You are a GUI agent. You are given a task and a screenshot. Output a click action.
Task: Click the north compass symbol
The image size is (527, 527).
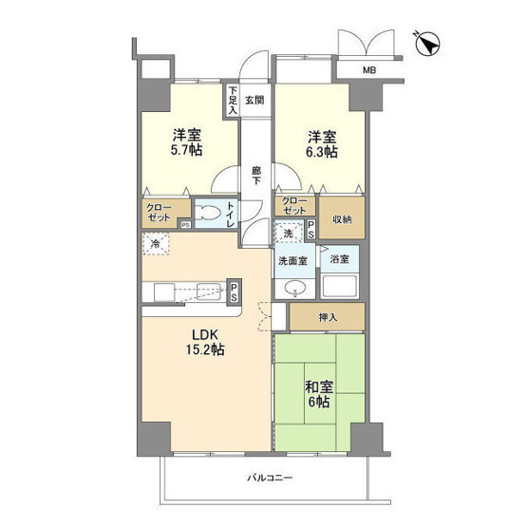(x=427, y=44)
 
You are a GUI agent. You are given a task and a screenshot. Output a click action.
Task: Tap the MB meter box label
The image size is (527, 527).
(x=369, y=70)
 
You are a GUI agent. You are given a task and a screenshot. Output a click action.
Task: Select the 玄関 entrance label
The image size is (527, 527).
(x=254, y=100)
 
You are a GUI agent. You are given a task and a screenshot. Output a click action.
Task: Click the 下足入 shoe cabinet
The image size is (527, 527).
(x=233, y=101)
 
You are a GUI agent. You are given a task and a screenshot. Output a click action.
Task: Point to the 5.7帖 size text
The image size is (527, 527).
(x=187, y=150)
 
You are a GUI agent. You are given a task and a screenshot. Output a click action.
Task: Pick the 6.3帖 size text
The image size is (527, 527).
(x=322, y=152)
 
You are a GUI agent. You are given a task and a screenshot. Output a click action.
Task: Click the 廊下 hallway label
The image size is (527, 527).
(x=256, y=176)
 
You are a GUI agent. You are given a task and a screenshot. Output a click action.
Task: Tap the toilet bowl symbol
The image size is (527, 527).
(x=209, y=213)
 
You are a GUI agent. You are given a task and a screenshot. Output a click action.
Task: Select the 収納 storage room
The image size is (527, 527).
(x=342, y=217)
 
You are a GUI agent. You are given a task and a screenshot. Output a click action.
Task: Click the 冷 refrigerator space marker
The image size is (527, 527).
(x=156, y=244)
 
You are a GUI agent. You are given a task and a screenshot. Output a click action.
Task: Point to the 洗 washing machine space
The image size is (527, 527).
(x=289, y=233)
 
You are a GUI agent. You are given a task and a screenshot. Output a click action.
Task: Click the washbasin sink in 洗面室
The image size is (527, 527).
(x=295, y=289)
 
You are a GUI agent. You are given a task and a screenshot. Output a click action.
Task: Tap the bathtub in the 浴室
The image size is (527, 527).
(x=339, y=287)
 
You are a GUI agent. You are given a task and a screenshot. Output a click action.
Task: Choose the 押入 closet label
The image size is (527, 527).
(x=328, y=317)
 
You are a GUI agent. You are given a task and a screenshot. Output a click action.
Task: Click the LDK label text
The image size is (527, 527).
(x=205, y=335)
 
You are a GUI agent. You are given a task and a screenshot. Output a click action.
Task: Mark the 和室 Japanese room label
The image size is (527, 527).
(x=320, y=386)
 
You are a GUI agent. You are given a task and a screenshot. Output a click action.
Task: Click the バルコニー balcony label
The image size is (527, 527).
(x=270, y=478)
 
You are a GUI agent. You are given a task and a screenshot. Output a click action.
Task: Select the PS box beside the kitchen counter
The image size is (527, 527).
(x=235, y=292)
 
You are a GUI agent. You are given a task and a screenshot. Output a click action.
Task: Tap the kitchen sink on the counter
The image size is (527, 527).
(x=209, y=292)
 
